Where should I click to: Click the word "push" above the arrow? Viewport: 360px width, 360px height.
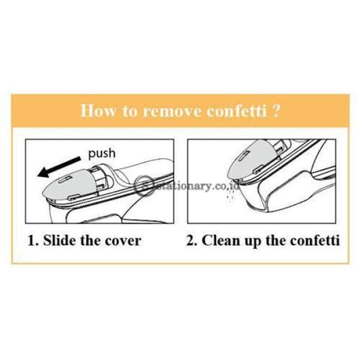point(102,153)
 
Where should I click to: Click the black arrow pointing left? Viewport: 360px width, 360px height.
point(59,167)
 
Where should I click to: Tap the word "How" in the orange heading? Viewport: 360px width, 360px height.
point(98,110)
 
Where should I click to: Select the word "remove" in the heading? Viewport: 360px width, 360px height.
point(172,110)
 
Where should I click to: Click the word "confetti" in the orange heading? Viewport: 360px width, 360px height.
point(237,110)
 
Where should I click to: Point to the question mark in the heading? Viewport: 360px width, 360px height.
point(275,110)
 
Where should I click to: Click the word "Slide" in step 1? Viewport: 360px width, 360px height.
point(59,240)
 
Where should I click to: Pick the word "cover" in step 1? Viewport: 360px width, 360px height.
point(123,241)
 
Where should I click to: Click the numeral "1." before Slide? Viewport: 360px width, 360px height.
point(33,241)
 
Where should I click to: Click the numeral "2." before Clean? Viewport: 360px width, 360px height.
point(192,241)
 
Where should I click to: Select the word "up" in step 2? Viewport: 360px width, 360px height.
point(250,242)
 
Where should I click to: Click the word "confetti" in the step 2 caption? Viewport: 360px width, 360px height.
point(315,240)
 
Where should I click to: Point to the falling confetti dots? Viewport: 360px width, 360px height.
point(230,195)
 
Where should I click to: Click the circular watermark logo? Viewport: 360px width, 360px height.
point(144,185)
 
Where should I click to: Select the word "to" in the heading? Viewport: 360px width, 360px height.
point(130,111)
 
